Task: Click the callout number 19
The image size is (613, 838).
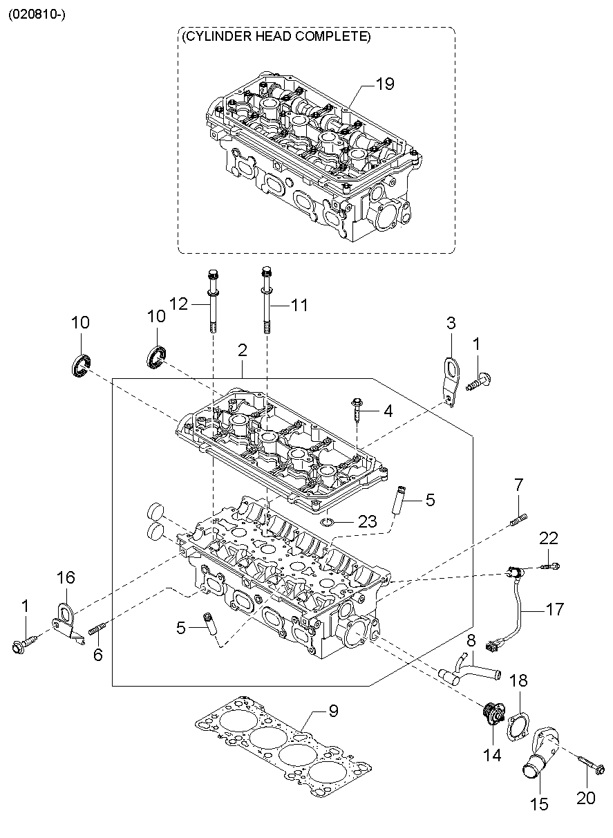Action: [x=385, y=84]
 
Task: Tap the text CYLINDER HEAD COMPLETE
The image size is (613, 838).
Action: [x=276, y=37]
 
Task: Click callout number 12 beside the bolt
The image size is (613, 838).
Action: [x=178, y=304]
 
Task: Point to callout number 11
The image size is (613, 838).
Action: [x=299, y=306]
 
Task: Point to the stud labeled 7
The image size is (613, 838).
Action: [x=519, y=520]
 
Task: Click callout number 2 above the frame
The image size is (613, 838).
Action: [x=243, y=350]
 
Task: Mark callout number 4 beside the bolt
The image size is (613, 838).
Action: [x=388, y=411]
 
